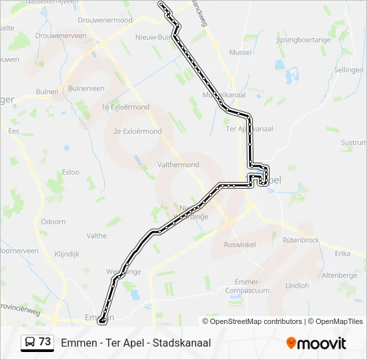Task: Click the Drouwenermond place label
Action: click(x=105, y=21)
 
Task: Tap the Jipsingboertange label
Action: click(x=303, y=40)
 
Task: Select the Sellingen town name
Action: click(x=348, y=69)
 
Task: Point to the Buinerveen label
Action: click(x=86, y=88)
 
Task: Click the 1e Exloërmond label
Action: click(x=125, y=107)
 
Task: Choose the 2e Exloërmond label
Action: click(x=137, y=131)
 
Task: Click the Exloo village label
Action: click(x=70, y=172)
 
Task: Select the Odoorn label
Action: click(x=53, y=221)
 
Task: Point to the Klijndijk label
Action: click(x=67, y=254)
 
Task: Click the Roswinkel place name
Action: click(x=240, y=245)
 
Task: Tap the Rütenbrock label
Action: click(x=301, y=240)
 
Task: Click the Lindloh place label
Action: click(x=297, y=285)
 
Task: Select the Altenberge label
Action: click(x=339, y=275)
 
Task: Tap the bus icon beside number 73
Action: click(x=30, y=342)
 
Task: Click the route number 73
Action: click(x=45, y=342)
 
